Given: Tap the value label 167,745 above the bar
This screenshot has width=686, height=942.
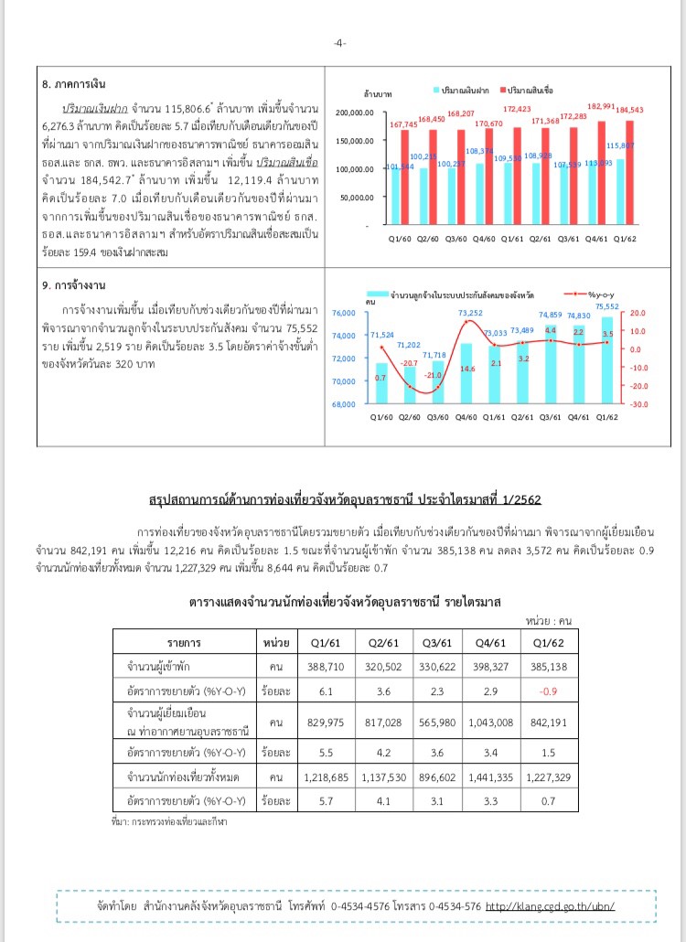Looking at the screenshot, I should pos(403,123).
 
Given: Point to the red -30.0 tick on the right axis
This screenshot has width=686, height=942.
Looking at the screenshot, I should pos(635,404).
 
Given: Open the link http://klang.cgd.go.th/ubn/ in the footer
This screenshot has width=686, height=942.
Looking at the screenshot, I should pos(549,906).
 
